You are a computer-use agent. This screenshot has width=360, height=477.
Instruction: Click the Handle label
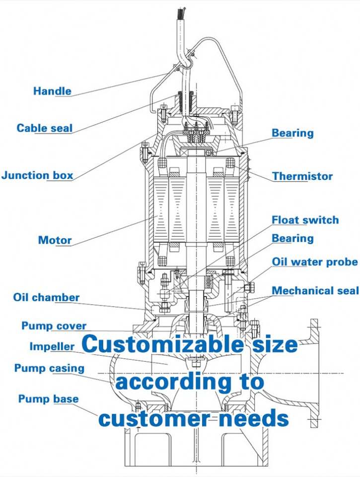pyautogui.click(x=52, y=91)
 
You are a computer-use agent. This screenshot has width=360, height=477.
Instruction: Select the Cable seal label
pyautogui.click(x=45, y=128)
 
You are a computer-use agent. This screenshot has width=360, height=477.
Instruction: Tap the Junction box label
pyautogui.click(x=37, y=175)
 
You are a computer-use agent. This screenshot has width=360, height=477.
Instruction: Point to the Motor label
pyautogui.click(x=55, y=240)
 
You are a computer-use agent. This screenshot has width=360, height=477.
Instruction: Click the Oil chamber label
pyautogui.click(x=46, y=298)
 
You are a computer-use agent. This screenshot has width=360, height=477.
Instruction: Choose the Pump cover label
pyautogui.click(x=54, y=326)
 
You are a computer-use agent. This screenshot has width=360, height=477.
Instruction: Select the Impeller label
pyautogui.click(x=52, y=346)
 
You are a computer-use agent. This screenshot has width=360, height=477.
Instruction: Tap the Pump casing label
pyautogui.click(x=49, y=368)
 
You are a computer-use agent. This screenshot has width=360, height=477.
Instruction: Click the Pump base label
pyautogui.click(x=48, y=398)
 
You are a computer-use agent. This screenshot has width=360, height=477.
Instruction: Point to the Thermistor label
pyautogui.click(x=302, y=176)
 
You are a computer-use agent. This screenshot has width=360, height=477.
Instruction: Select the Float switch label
pyautogui.click(x=305, y=220)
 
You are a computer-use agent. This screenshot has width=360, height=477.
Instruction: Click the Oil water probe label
pyautogui.click(x=314, y=261)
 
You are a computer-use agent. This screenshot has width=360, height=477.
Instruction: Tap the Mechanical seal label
pyautogui.click(x=315, y=290)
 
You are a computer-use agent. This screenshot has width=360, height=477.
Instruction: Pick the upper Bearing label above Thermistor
pyautogui.click(x=292, y=133)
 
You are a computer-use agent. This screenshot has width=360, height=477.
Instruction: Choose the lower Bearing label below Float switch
pyautogui.click(x=292, y=238)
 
